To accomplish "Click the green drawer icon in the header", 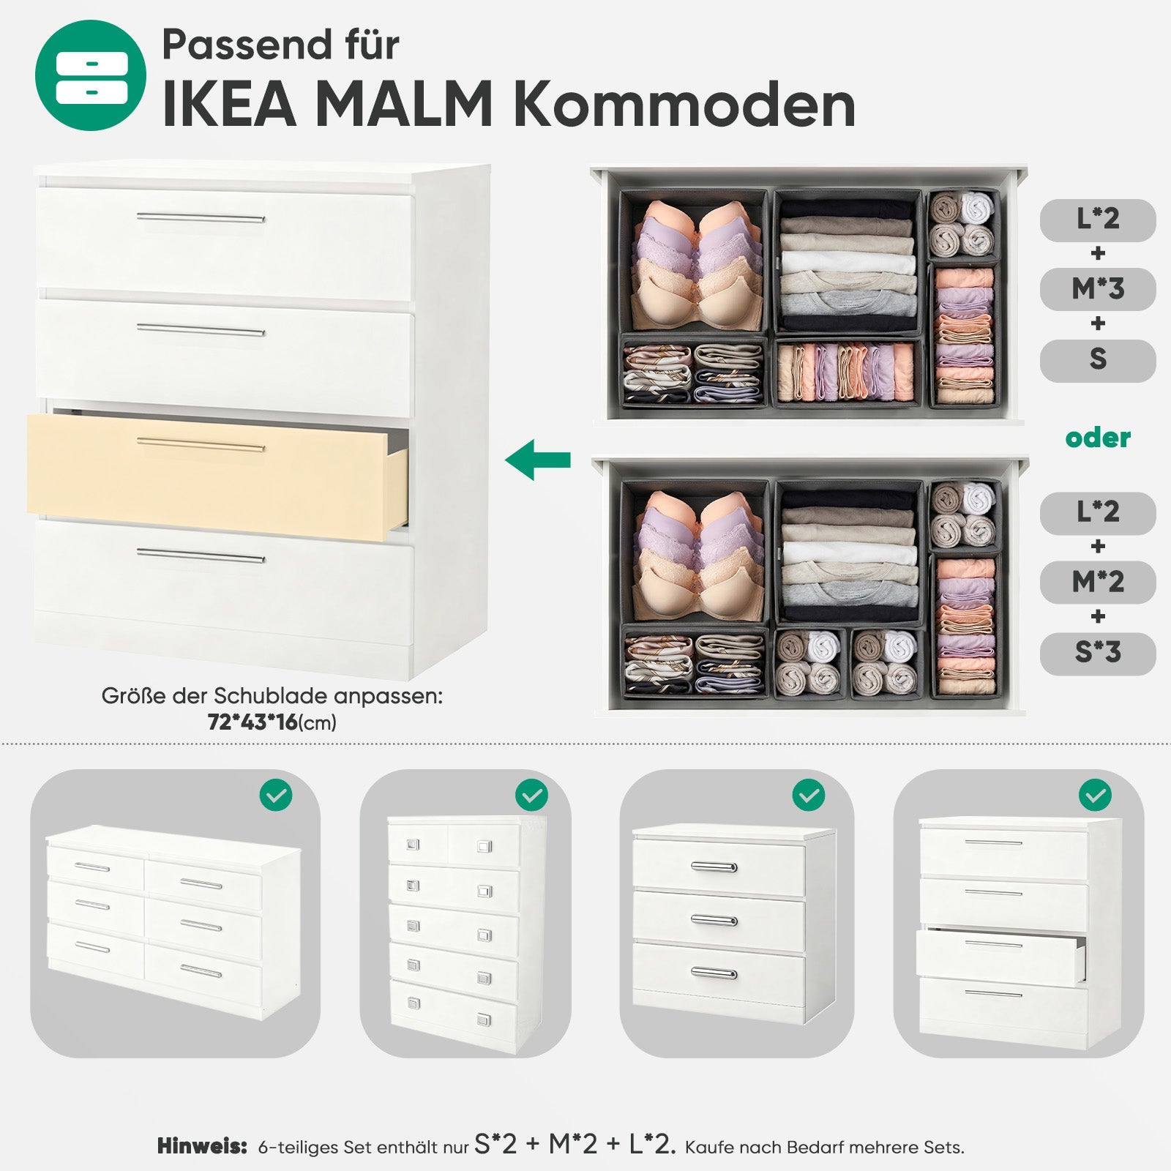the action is tap(90, 75).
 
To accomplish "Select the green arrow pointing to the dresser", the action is tap(538, 460).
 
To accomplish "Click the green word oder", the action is tap(1098, 438).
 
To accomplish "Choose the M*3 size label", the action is tap(1098, 289).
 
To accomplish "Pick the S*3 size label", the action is tap(1098, 653).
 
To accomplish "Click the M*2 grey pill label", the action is tap(1098, 583).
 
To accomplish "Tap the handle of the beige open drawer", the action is tap(201, 445).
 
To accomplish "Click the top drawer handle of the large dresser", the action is tap(201, 217).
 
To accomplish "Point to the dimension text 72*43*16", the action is tap(252, 722).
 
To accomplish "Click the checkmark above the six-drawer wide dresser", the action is tap(276, 796).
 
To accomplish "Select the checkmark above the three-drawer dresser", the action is tap(808, 796).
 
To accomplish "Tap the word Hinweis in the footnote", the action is tap(202, 1146).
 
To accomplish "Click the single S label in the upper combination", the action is tap(1098, 360).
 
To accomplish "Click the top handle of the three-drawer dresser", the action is tap(714, 867).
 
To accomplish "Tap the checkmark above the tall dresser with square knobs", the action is tap(532, 796).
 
